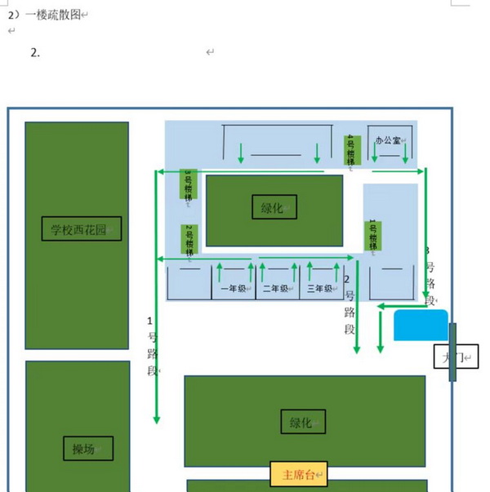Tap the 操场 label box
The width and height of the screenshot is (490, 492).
click(87, 449)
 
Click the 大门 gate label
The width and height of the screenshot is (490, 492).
click(455, 357)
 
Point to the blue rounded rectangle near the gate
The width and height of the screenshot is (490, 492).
click(421, 325)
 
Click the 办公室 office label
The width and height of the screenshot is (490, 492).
click(389, 140)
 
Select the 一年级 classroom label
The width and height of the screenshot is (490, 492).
click(233, 289)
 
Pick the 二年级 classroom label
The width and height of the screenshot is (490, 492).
click(275, 289)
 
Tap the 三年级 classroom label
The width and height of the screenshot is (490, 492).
click(319, 289)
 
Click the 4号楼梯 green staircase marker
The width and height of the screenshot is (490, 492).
click(352, 151)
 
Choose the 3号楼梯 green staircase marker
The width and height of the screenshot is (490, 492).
click(188, 184)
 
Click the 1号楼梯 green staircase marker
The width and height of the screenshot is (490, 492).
click(372, 235)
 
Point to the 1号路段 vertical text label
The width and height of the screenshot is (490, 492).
click(152, 345)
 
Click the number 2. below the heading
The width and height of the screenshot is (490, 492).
click(35, 52)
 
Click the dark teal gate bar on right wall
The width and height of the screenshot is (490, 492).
click(452, 352)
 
